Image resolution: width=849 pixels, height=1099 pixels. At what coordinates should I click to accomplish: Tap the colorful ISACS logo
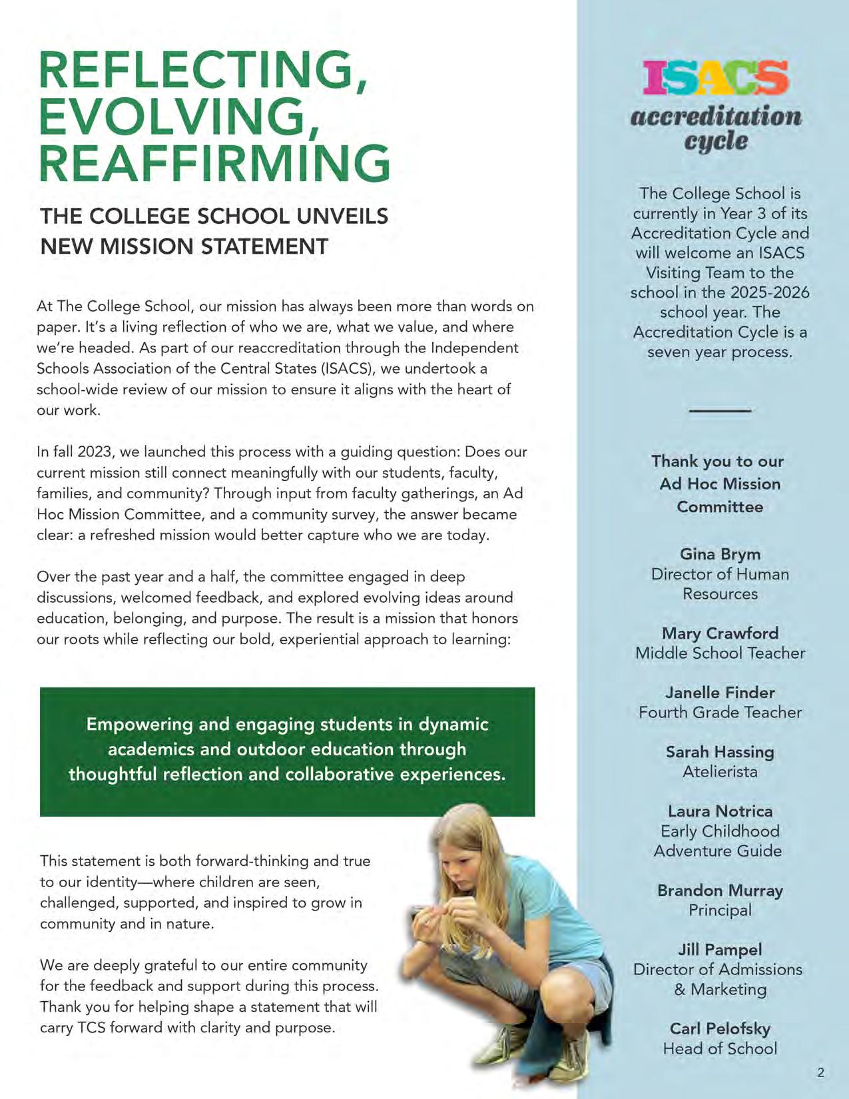(x=716, y=78)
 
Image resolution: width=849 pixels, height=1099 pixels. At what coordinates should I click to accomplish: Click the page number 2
(x=820, y=1072)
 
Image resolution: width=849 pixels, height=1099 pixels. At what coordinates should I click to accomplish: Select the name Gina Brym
(x=720, y=554)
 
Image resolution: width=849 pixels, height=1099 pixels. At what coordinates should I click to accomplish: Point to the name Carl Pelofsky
(x=720, y=1028)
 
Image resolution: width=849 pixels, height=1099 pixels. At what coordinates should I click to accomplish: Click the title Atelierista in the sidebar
(x=720, y=772)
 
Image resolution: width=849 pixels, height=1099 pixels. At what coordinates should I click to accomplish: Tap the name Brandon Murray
(x=720, y=891)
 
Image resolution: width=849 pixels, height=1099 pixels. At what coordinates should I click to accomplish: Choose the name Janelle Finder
(x=720, y=693)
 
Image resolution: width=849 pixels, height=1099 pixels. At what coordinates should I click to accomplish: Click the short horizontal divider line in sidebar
(x=720, y=411)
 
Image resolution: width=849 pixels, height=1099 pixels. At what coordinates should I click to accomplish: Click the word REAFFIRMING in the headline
(x=214, y=164)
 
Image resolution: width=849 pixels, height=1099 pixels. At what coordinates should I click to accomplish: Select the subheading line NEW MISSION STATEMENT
(x=184, y=246)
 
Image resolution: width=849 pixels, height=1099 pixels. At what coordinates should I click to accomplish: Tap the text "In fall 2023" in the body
(x=76, y=452)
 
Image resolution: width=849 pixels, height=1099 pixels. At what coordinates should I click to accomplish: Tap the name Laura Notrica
(x=720, y=811)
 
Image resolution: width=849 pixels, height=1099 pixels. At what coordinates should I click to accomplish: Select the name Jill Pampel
(x=720, y=950)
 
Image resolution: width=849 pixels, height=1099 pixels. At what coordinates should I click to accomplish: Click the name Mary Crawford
(x=720, y=633)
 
